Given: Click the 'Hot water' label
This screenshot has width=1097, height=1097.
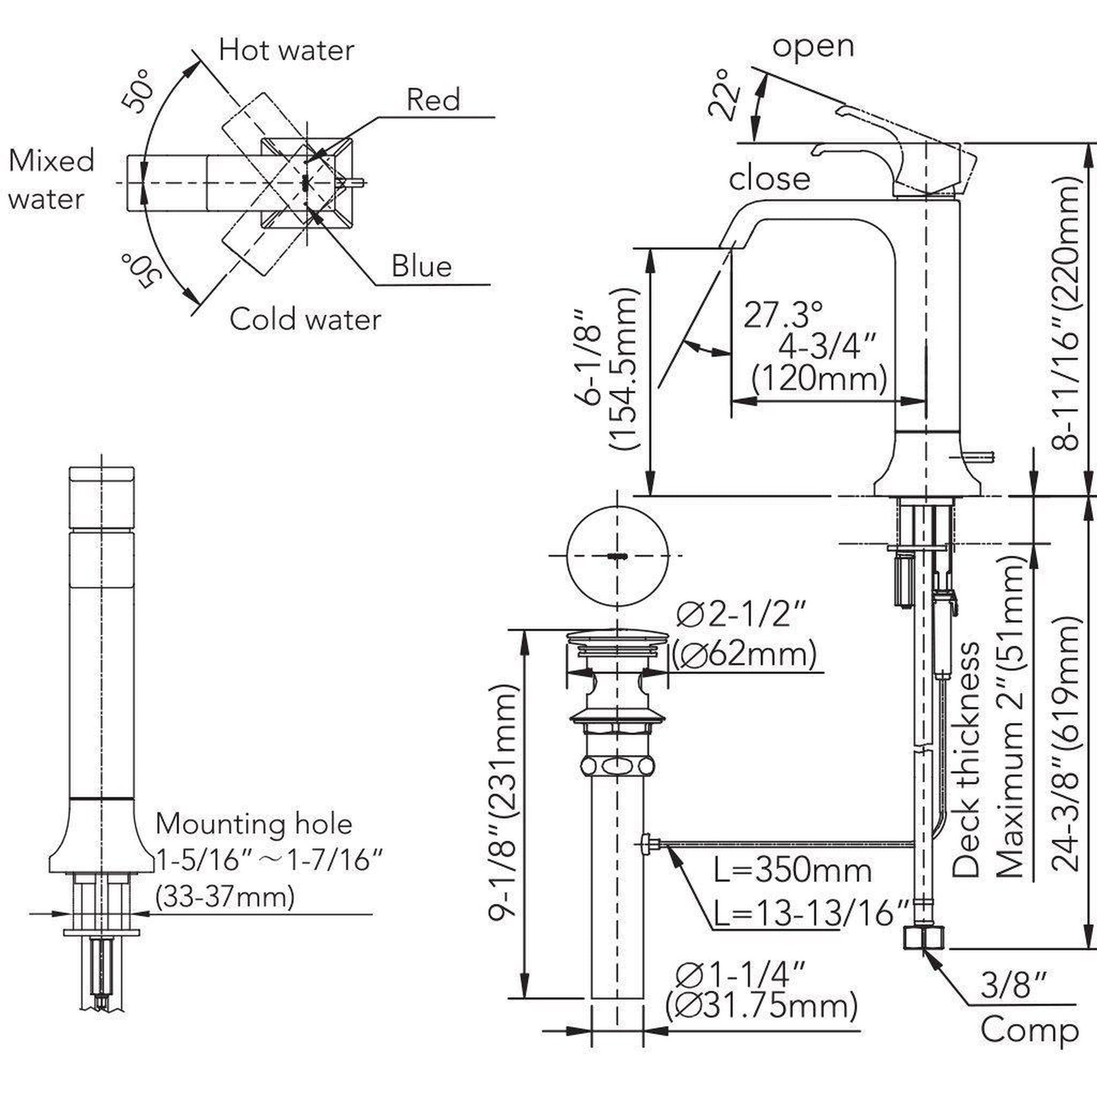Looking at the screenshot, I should pos(286,51).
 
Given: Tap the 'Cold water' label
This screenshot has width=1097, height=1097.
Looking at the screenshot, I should pos(305,320).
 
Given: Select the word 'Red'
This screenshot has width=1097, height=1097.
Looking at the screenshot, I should pos(433,100).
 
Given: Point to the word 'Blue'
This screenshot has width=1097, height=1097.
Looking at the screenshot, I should pos(421,266).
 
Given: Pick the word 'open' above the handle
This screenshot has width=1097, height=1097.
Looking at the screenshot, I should pos(812,46).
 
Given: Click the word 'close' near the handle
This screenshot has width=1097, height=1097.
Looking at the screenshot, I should pos(769,179).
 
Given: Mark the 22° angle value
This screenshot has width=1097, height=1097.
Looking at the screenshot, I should pos(724,95).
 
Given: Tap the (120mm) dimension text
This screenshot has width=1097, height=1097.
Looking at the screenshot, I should pos(819,379).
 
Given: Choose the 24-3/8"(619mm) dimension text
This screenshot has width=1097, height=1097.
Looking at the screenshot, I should pos(1064,744).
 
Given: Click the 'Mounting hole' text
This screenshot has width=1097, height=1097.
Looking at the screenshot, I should pos(254,824).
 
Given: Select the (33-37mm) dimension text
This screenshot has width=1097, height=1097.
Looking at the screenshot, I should pos(225,897).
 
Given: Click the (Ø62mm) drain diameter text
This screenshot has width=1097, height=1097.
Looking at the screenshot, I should pos(744,655).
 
